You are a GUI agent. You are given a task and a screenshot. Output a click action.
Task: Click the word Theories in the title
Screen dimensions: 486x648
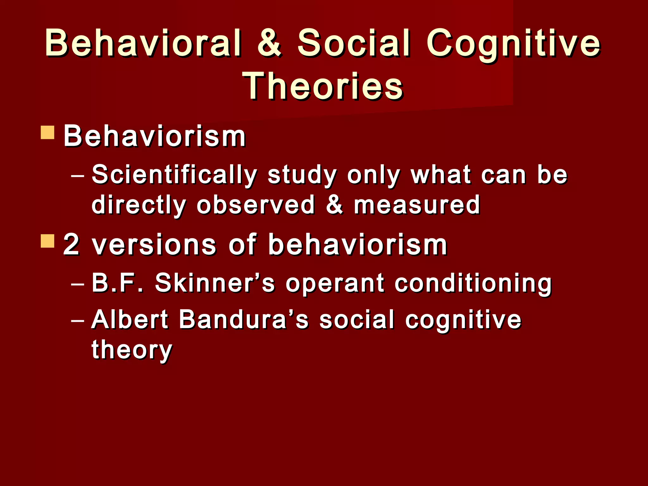323,86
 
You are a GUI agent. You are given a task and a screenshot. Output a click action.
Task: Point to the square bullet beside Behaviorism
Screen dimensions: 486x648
48,133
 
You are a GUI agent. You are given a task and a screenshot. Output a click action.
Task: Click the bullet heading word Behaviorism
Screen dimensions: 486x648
154,136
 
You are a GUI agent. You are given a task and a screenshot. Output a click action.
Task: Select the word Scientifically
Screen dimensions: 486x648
174,175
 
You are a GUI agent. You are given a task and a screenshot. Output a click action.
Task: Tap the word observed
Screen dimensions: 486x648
256,205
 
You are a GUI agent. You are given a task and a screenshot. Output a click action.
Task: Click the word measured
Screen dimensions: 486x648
417,205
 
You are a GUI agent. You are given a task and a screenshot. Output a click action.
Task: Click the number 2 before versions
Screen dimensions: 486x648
71,244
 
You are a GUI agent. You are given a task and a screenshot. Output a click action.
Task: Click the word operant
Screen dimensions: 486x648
335,283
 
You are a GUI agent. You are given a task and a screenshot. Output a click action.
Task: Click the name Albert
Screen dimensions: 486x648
130,319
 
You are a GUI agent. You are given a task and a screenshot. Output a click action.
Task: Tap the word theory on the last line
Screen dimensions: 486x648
132,350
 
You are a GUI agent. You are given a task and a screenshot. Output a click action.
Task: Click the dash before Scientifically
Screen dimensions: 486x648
78,176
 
